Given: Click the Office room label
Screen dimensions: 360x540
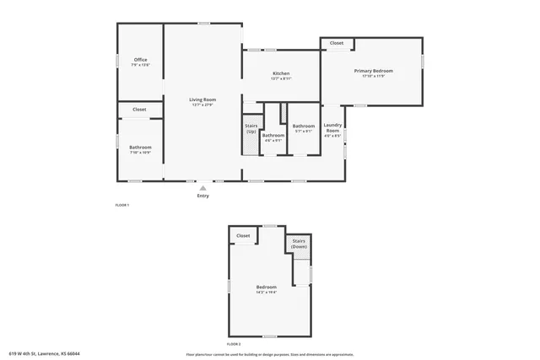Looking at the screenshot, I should point(141,60).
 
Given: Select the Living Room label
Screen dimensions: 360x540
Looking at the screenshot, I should point(202,99).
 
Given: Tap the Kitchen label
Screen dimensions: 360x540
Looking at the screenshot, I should point(281,73).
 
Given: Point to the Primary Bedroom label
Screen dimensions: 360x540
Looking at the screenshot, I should point(373,71).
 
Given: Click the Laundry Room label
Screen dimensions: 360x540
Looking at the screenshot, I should point(332,128).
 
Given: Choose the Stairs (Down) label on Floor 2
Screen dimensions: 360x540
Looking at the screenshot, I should point(299,243).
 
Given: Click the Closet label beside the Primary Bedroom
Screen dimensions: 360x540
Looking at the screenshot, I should point(336,43).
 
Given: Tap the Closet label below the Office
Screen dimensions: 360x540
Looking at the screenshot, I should point(139,110).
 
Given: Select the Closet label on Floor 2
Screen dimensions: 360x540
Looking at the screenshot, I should point(243,236).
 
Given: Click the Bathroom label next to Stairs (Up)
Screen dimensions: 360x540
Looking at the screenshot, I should point(273,135).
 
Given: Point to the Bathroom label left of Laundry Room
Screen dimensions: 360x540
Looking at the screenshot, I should point(303,126).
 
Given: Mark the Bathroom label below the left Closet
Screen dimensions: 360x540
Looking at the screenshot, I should point(140,148).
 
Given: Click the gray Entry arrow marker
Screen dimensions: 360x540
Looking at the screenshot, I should point(202,187).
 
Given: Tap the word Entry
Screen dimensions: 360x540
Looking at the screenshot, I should point(202,196).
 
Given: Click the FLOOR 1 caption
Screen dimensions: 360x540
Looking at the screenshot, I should point(122,205).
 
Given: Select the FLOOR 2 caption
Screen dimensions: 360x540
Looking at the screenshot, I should point(234,344).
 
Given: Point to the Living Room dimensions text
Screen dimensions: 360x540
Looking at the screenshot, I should point(202,105).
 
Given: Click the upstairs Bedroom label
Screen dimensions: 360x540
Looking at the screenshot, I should point(267,287).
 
